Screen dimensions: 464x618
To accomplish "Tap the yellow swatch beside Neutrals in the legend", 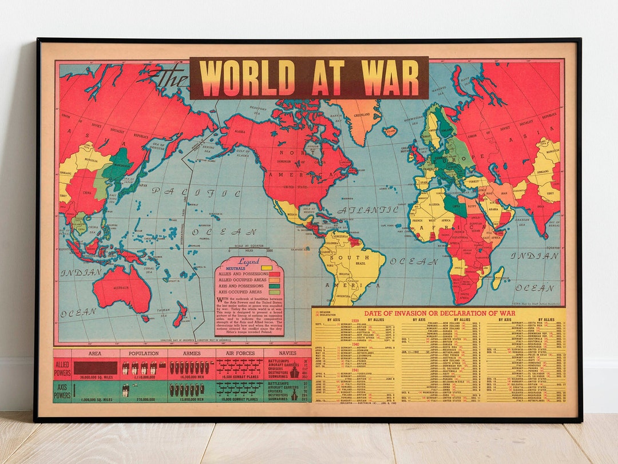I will (266, 267).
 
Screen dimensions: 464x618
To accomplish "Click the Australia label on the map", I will (121, 287).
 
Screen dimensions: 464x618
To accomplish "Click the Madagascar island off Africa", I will (497, 277).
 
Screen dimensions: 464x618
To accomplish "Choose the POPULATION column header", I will (144, 354).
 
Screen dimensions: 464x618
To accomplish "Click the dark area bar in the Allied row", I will (95, 367).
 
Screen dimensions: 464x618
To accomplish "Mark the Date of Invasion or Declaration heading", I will (439, 313).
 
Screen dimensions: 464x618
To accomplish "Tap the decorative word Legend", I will (248, 261).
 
